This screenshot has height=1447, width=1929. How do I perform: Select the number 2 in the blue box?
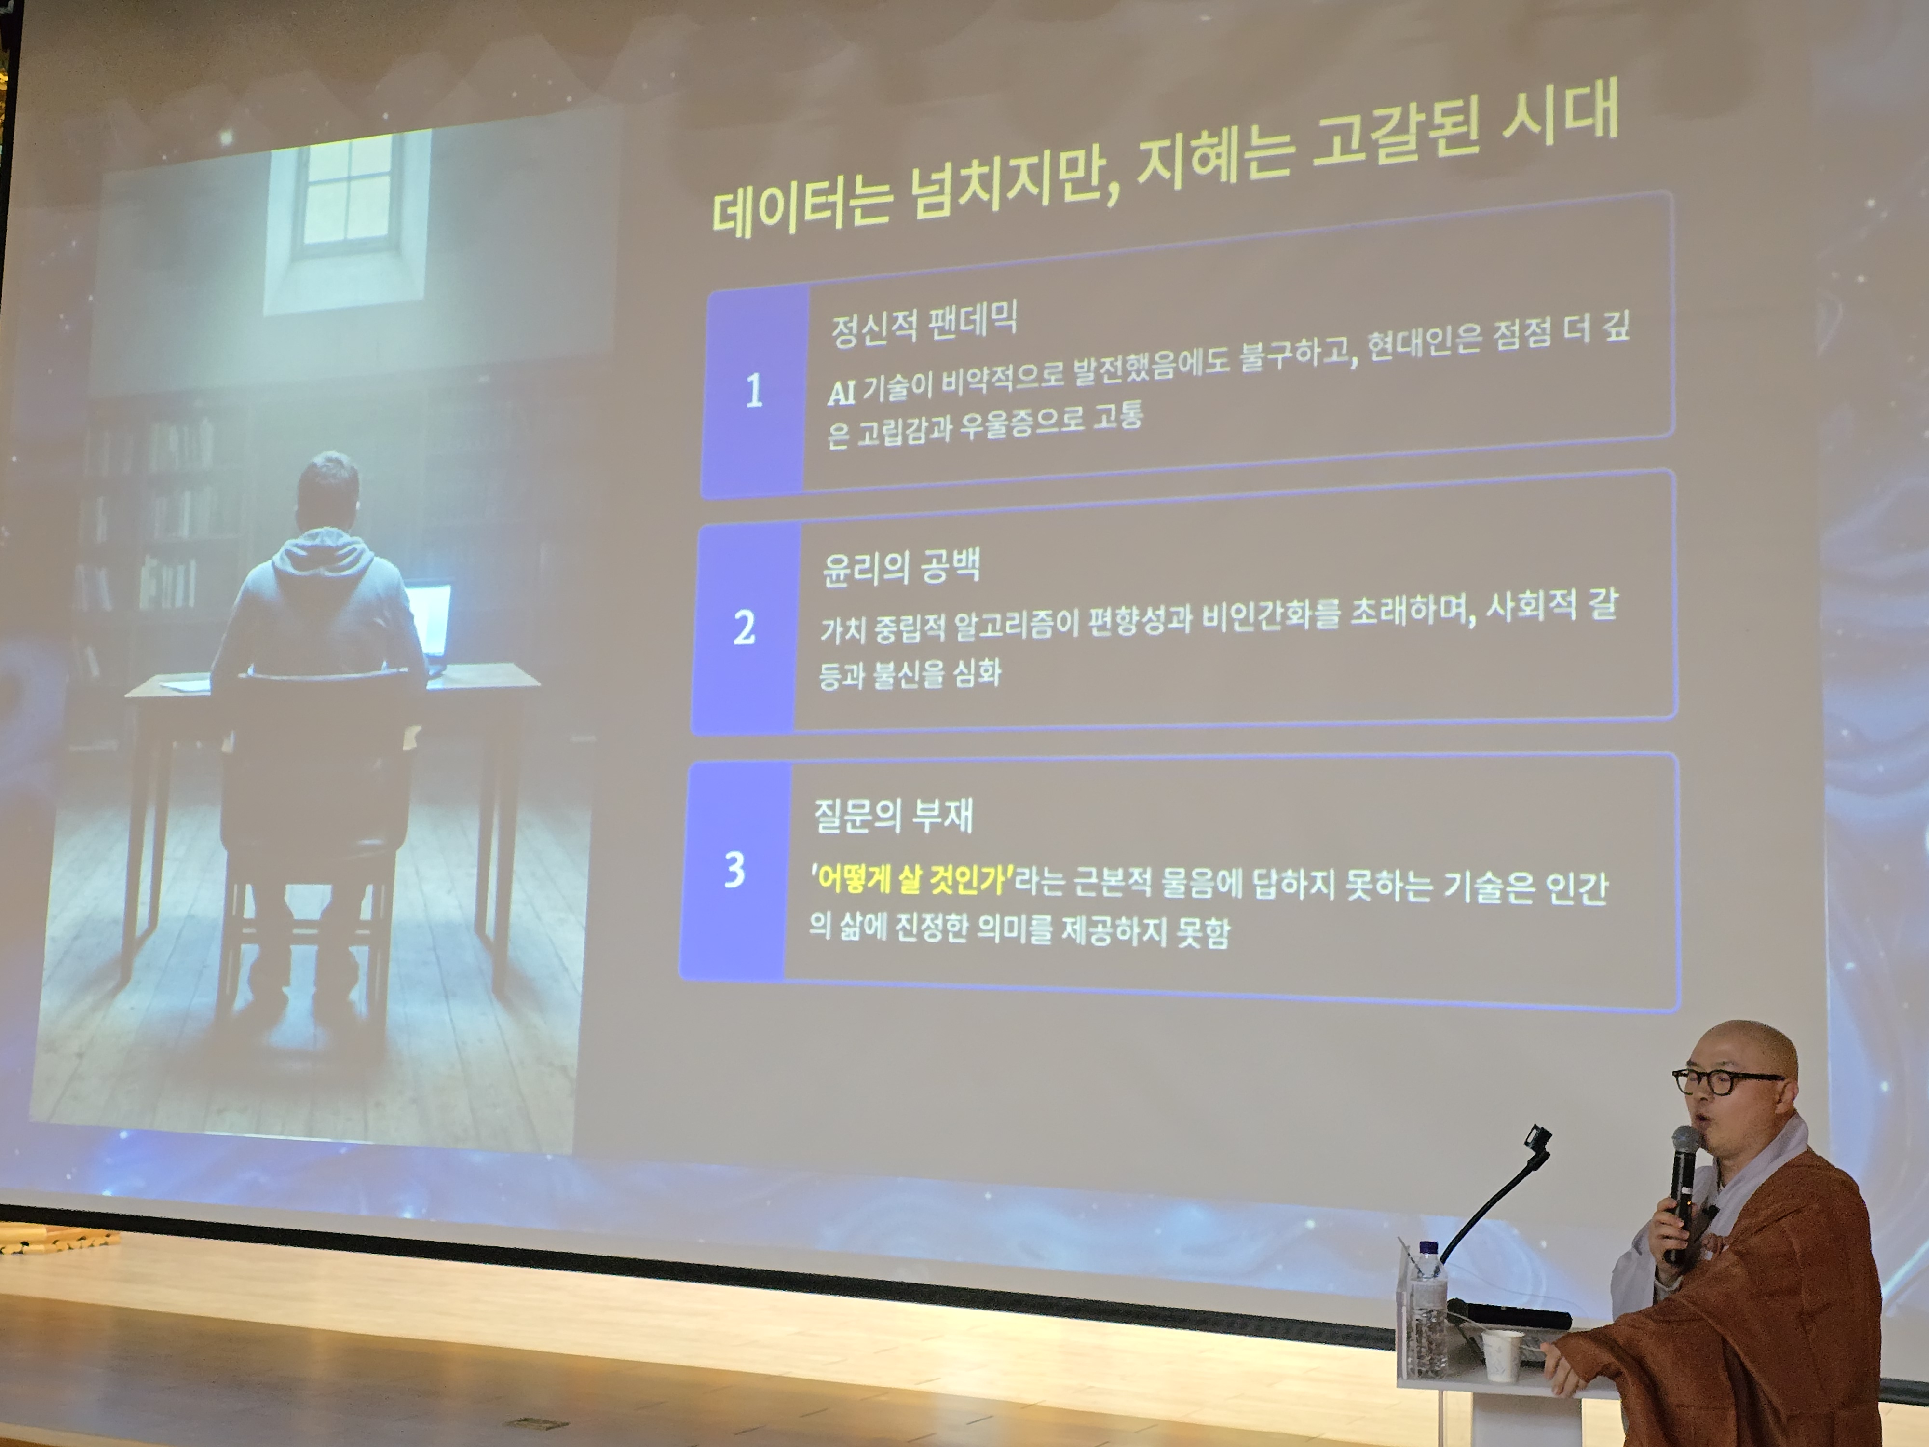[744, 627]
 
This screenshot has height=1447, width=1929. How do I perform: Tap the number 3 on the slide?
[735, 870]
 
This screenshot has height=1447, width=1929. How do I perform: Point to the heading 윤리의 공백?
[901, 567]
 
